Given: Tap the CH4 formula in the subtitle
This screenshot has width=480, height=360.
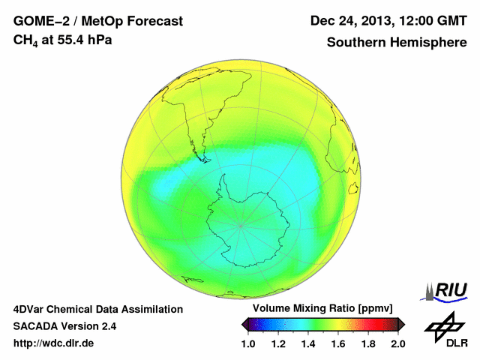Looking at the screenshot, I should [x=25, y=40].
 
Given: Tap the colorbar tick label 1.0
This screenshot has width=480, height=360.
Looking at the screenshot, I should [x=248, y=343].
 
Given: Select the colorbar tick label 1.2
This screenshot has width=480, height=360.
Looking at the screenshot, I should [x=278, y=343].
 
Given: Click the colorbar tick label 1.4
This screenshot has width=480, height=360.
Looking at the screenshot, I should [x=308, y=343].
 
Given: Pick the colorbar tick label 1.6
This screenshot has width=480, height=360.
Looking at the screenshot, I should [x=338, y=343].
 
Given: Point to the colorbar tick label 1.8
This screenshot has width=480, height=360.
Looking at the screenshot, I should [x=368, y=343].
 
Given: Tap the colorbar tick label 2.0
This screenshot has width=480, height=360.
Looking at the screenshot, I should [x=397, y=343].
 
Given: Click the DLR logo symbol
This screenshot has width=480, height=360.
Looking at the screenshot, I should [x=443, y=324].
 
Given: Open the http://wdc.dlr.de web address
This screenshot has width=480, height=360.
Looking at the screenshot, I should [x=54, y=343].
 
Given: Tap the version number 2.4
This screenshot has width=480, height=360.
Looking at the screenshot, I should [x=106, y=326].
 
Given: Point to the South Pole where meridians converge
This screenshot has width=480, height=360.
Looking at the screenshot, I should [x=240, y=225].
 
